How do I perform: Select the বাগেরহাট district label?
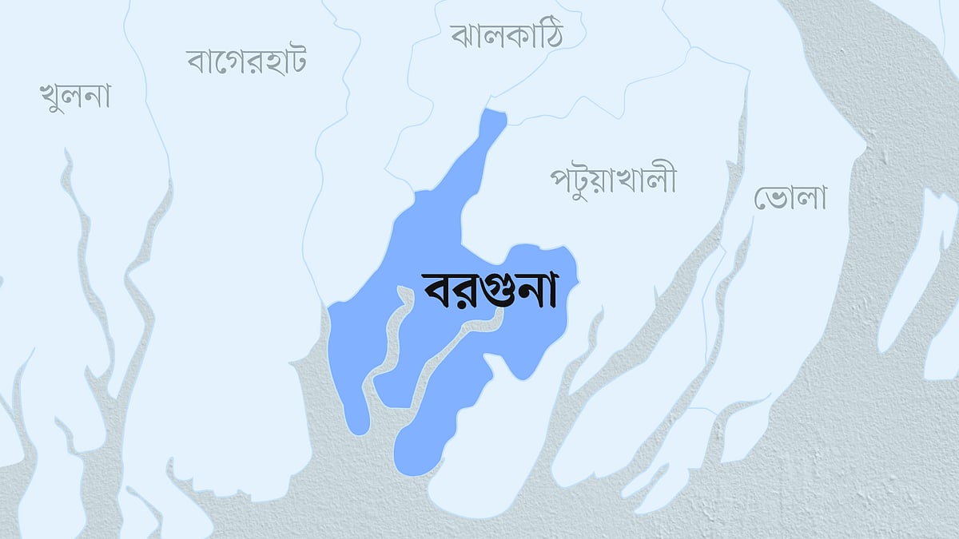(x=247, y=61)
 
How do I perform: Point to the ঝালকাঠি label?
(x=506, y=35)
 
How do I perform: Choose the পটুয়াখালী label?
(x=613, y=180)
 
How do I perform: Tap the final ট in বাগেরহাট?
(x=295, y=61)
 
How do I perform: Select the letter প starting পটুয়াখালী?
(x=562, y=180)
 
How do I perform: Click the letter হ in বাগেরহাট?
(x=265, y=61)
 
